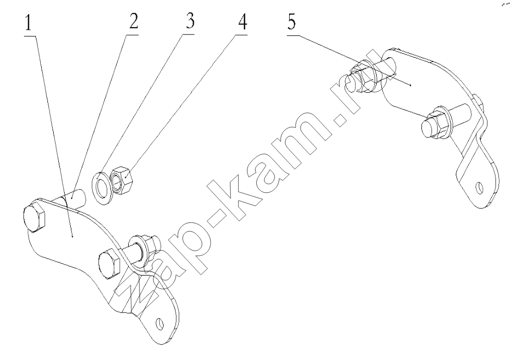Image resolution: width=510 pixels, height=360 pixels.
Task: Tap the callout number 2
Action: [x=133, y=21]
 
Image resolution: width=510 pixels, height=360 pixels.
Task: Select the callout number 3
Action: [x=190, y=20]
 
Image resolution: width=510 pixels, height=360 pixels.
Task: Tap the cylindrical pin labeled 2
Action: [x=73, y=198]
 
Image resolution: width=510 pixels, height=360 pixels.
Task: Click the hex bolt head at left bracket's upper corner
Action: [x=35, y=218]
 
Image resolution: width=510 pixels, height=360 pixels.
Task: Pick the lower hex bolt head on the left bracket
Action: [x=109, y=264]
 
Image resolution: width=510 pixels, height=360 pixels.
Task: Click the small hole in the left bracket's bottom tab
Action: [x=159, y=324]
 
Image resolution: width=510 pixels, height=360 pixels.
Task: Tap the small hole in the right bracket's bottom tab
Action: [x=479, y=188]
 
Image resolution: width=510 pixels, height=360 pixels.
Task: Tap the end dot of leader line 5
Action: [x=411, y=85]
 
